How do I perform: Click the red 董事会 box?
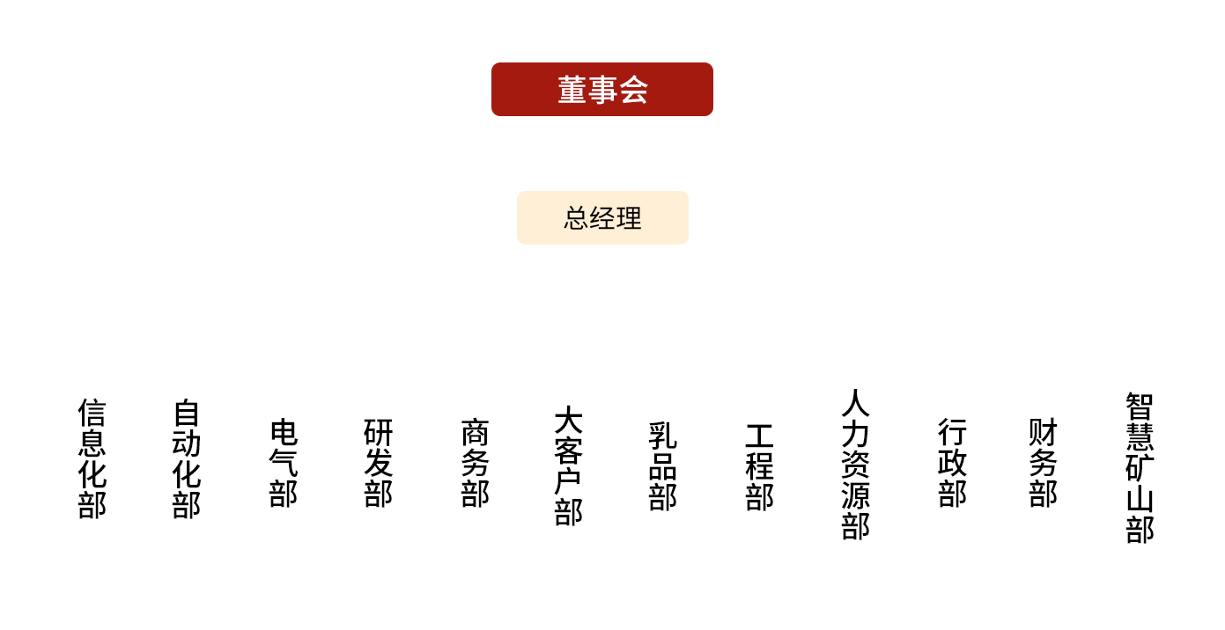(x=601, y=89)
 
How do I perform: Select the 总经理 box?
(x=602, y=217)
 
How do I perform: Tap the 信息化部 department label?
(x=92, y=458)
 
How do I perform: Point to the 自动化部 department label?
(x=187, y=458)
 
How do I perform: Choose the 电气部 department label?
(x=284, y=463)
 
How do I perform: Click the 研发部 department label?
(x=378, y=463)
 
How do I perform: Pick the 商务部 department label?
(x=475, y=463)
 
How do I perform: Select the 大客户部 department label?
(x=569, y=465)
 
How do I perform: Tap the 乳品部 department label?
(x=663, y=465)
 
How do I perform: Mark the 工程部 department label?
(x=759, y=466)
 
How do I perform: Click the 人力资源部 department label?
(x=855, y=464)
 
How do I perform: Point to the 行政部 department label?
(x=952, y=463)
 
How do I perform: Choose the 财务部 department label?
(x=1043, y=463)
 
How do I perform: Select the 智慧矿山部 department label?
(x=1140, y=467)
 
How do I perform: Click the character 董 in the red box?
(x=572, y=90)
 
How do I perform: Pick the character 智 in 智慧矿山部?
(x=1140, y=406)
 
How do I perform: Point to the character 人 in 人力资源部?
(x=855, y=403)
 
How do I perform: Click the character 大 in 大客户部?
(x=569, y=421)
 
